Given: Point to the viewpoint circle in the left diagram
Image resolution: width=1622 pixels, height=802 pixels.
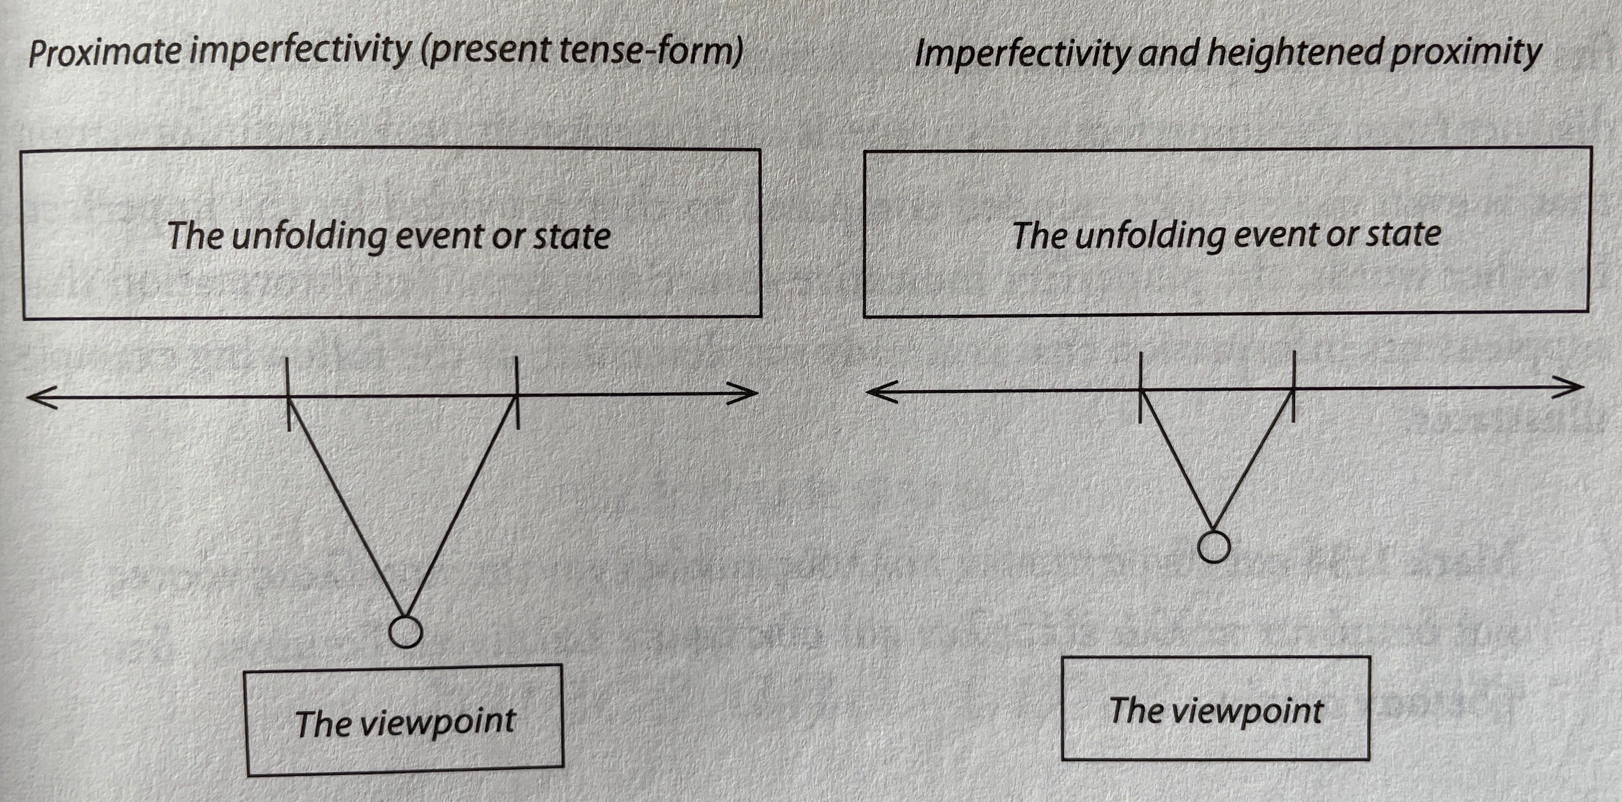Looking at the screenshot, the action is tap(405, 632).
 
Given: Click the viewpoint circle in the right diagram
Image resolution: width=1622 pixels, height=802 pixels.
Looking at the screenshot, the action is tap(1214, 547).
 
